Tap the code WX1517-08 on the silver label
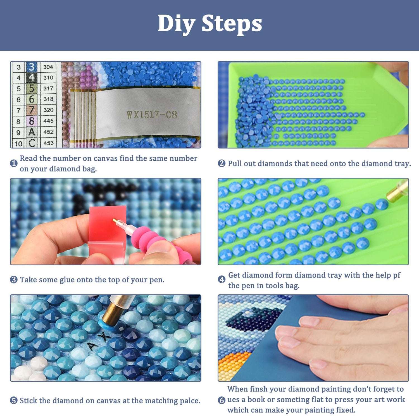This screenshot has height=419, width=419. coord(152,115)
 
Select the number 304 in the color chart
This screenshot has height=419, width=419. coord(48,67)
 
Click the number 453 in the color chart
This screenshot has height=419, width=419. coord(48,143)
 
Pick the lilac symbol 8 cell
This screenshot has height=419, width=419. coord(32,121)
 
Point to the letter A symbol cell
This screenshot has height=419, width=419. coord(32,132)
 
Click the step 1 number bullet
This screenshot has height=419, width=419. coord(14,163)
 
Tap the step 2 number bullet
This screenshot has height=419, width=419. coord(222,163)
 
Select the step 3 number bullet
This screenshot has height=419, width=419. coord(14,280)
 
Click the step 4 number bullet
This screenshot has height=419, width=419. coord(222,279)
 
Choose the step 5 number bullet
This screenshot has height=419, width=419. coord(14,401)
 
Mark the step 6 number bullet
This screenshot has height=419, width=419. coord(222,400)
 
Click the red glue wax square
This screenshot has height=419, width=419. coord(107,223)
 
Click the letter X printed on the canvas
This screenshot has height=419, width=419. coord(104,337)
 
